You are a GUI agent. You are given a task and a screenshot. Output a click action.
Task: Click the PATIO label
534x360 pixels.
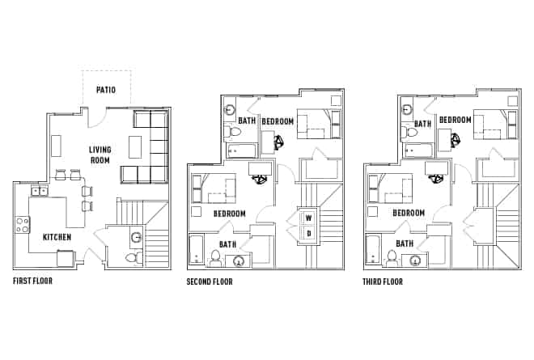[x=107, y=90]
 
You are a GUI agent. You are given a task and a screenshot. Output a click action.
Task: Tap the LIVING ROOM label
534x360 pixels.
[x=100, y=154]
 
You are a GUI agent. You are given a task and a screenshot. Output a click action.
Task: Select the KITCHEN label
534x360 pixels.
[x=57, y=237]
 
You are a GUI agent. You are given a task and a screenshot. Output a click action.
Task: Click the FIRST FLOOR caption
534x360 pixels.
[x=33, y=282]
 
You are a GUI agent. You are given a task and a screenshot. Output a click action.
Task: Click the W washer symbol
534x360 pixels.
[x=307, y=217]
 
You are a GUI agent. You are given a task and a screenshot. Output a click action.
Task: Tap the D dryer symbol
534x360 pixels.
[x=307, y=234]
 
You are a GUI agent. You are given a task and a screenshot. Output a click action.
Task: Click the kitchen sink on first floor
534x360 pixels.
[x=38, y=191]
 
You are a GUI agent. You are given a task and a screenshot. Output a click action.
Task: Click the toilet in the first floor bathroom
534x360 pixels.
[x=133, y=257]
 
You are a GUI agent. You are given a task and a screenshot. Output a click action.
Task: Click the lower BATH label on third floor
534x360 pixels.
[x=405, y=243]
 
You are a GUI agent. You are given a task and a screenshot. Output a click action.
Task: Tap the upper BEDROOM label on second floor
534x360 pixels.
[x=278, y=121]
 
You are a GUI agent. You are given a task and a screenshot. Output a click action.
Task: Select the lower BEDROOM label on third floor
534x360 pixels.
[x=409, y=213]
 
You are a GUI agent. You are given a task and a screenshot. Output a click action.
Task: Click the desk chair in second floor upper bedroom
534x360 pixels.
[x=280, y=142]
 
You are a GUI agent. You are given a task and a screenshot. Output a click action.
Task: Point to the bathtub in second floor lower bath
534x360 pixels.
[x=195, y=251]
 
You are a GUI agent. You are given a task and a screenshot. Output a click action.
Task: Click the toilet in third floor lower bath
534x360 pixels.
[x=392, y=257]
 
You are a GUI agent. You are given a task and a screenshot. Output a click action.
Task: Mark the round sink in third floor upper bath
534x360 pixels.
[x=406, y=108]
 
